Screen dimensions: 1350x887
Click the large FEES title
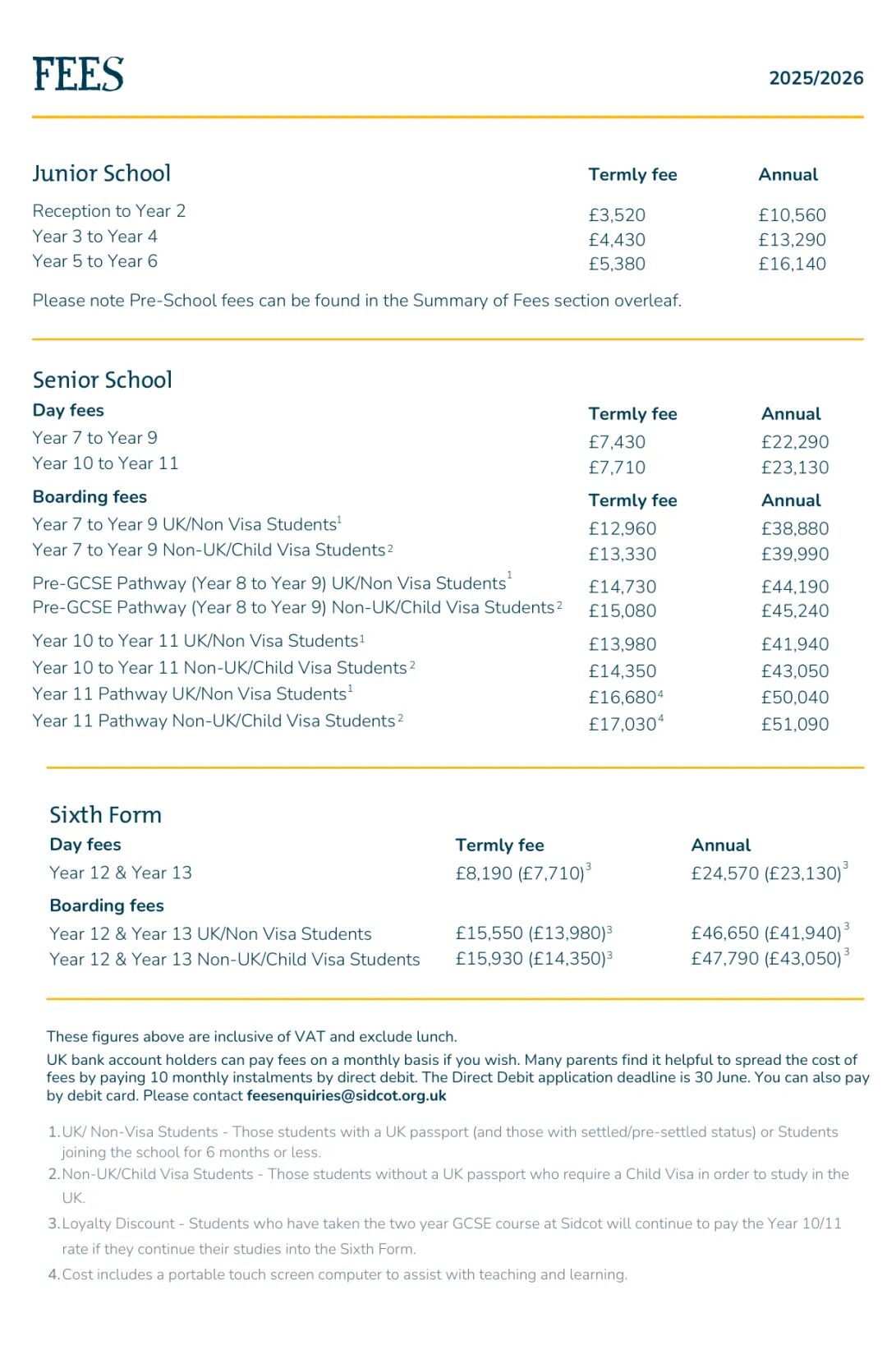coord(78,74)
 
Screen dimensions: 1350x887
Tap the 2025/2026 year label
coord(816,78)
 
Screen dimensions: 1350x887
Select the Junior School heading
coord(102,173)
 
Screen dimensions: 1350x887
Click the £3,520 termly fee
coord(617,215)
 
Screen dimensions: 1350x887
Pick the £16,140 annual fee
coord(792,264)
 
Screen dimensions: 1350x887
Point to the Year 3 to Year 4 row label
coord(94,237)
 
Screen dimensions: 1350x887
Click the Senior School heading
coord(103,380)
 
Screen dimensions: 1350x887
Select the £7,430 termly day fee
coord(617,442)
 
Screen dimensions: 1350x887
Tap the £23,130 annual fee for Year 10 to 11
coord(794,468)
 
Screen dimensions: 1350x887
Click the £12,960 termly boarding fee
coord(622,528)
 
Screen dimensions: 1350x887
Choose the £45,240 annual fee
coord(794,610)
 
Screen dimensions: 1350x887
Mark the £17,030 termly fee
coord(622,724)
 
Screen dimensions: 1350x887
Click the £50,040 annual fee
coord(794,698)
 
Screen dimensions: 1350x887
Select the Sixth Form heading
coord(105,815)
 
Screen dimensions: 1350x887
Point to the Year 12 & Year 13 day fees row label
coord(121,873)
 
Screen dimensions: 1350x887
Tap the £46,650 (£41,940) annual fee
coord(765,933)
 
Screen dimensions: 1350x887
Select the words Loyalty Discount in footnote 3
coord(118,1223)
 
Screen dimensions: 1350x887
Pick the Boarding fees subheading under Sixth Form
coord(107,905)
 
